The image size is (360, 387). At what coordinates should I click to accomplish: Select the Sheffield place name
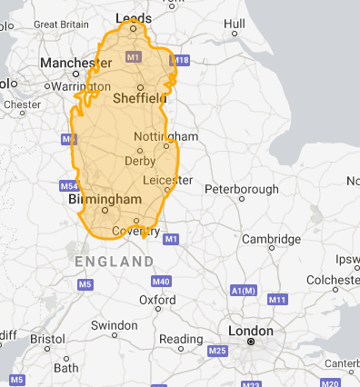(140, 97)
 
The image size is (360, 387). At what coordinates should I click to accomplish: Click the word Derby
(139, 161)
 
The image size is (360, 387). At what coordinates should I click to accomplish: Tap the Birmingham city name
(105, 198)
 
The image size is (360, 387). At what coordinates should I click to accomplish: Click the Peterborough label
(241, 189)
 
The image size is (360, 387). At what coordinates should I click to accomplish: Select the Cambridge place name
(271, 239)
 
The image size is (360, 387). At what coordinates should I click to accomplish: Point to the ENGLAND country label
(115, 262)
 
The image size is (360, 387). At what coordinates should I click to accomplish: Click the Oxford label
(157, 299)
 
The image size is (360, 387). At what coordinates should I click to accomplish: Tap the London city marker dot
(251, 342)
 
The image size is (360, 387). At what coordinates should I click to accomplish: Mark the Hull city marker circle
(234, 34)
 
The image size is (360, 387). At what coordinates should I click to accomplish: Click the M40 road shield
(162, 281)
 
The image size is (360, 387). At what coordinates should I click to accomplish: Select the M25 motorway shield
(216, 351)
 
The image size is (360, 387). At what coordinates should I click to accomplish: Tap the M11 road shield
(277, 299)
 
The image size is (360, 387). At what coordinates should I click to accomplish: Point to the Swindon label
(114, 324)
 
